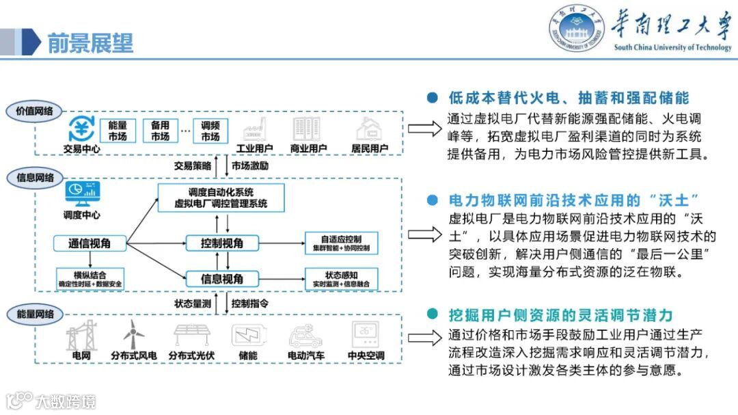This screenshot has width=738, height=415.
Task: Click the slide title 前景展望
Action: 90,43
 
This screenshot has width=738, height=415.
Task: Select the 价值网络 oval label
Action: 34,111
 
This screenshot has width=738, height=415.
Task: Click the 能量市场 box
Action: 118,131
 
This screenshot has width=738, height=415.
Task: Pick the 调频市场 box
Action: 210,131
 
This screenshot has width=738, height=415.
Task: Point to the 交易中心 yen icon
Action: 83,129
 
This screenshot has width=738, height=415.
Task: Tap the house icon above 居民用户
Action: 370,129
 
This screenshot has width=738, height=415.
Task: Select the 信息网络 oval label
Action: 34,178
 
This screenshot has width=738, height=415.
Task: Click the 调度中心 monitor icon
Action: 82,194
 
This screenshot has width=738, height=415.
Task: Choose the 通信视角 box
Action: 90,243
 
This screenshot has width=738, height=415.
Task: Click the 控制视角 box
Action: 222,243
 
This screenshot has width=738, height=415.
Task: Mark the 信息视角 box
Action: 222,278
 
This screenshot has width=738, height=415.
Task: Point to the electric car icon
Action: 305,336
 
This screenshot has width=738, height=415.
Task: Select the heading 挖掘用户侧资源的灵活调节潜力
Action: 560,315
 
